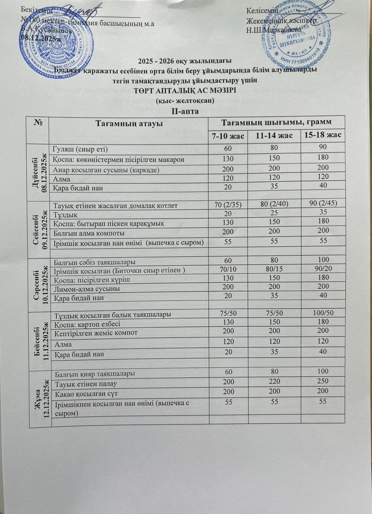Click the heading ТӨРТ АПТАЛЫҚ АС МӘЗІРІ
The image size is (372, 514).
click(185, 91)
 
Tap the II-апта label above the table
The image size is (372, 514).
click(185, 111)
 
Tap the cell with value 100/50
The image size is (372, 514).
click(323, 313)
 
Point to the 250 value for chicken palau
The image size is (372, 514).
click(323, 381)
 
